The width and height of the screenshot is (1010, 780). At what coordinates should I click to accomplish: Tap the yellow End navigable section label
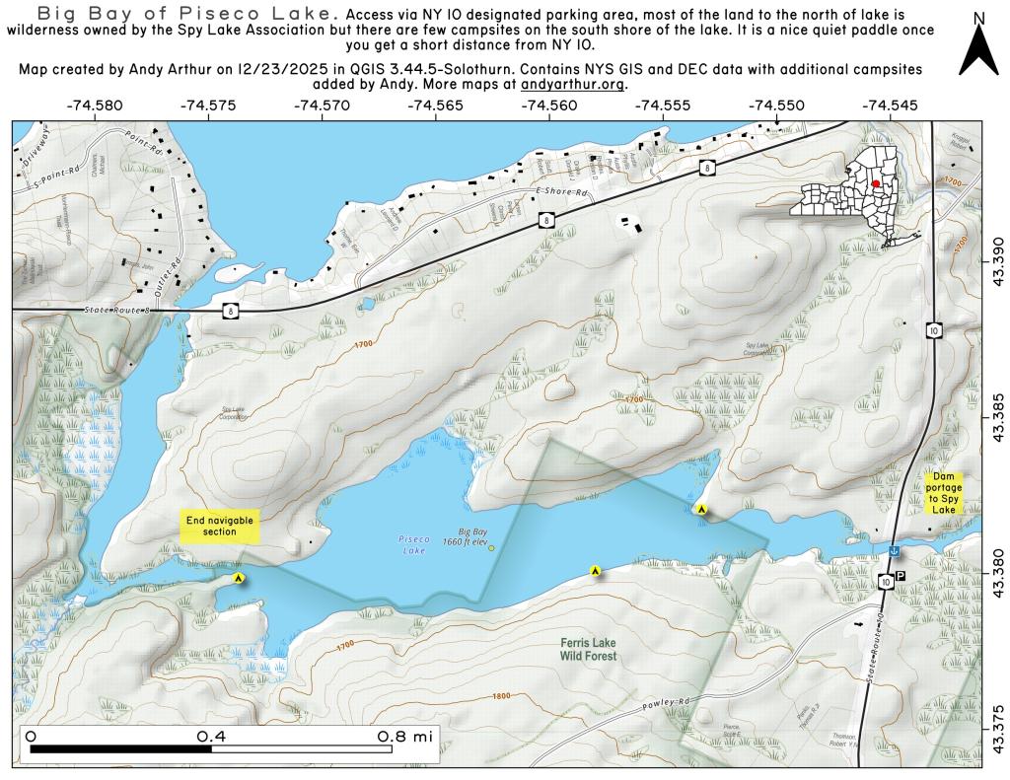220,526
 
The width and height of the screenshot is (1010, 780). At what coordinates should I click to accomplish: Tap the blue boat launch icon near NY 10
893,551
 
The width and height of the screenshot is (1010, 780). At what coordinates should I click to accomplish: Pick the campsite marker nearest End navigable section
239,579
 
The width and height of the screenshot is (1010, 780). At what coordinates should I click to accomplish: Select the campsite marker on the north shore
701,510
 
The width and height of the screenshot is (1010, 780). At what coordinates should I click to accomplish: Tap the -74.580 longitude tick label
95,105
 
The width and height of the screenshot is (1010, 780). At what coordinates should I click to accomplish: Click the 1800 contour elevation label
501,696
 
